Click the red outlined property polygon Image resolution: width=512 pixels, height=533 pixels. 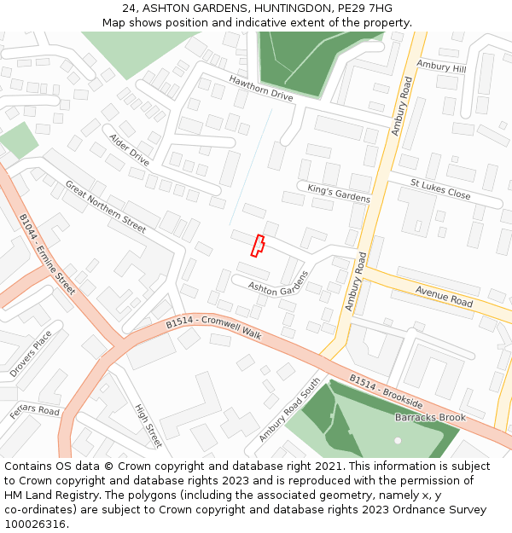click(257, 246)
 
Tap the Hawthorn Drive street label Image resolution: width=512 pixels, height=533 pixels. click(260, 89)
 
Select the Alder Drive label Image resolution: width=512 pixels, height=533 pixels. click(129, 149)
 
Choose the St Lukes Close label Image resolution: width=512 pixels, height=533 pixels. click(440, 189)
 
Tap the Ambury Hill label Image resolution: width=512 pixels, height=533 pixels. click(441, 67)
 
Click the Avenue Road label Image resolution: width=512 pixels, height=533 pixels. click(444, 296)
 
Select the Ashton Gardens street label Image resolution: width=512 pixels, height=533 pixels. click(277, 284)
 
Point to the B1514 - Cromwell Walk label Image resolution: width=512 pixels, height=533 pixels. click(213, 327)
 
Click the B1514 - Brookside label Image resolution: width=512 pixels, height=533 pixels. click(386, 390)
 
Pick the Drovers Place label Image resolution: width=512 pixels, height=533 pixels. click(31, 354)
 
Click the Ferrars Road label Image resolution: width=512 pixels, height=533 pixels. click(35, 411)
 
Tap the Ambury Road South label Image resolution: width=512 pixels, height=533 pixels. click(289, 410)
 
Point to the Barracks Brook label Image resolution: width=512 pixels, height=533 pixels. click(430, 418)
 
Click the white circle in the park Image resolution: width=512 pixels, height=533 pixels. click(398, 440)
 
